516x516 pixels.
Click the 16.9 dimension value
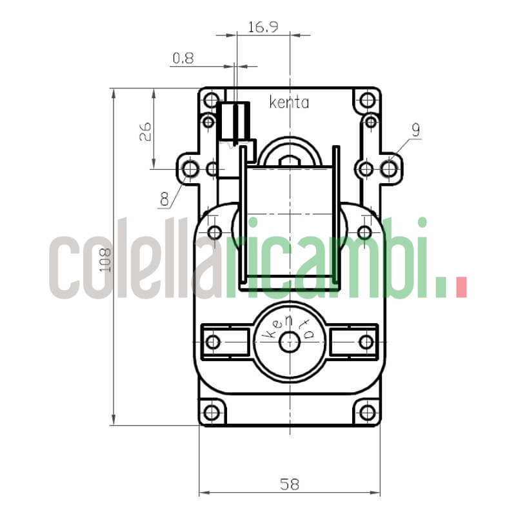[263, 27]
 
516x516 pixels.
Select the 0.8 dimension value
[183, 58]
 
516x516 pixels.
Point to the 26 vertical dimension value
[144, 132]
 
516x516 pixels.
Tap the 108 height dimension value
[105, 260]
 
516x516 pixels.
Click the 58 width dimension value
[290, 484]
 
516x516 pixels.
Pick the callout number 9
[416, 130]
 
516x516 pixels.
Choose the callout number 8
[164, 199]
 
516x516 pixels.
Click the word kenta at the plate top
[289, 103]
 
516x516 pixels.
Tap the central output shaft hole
[289, 342]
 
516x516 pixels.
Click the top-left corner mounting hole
[212, 99]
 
